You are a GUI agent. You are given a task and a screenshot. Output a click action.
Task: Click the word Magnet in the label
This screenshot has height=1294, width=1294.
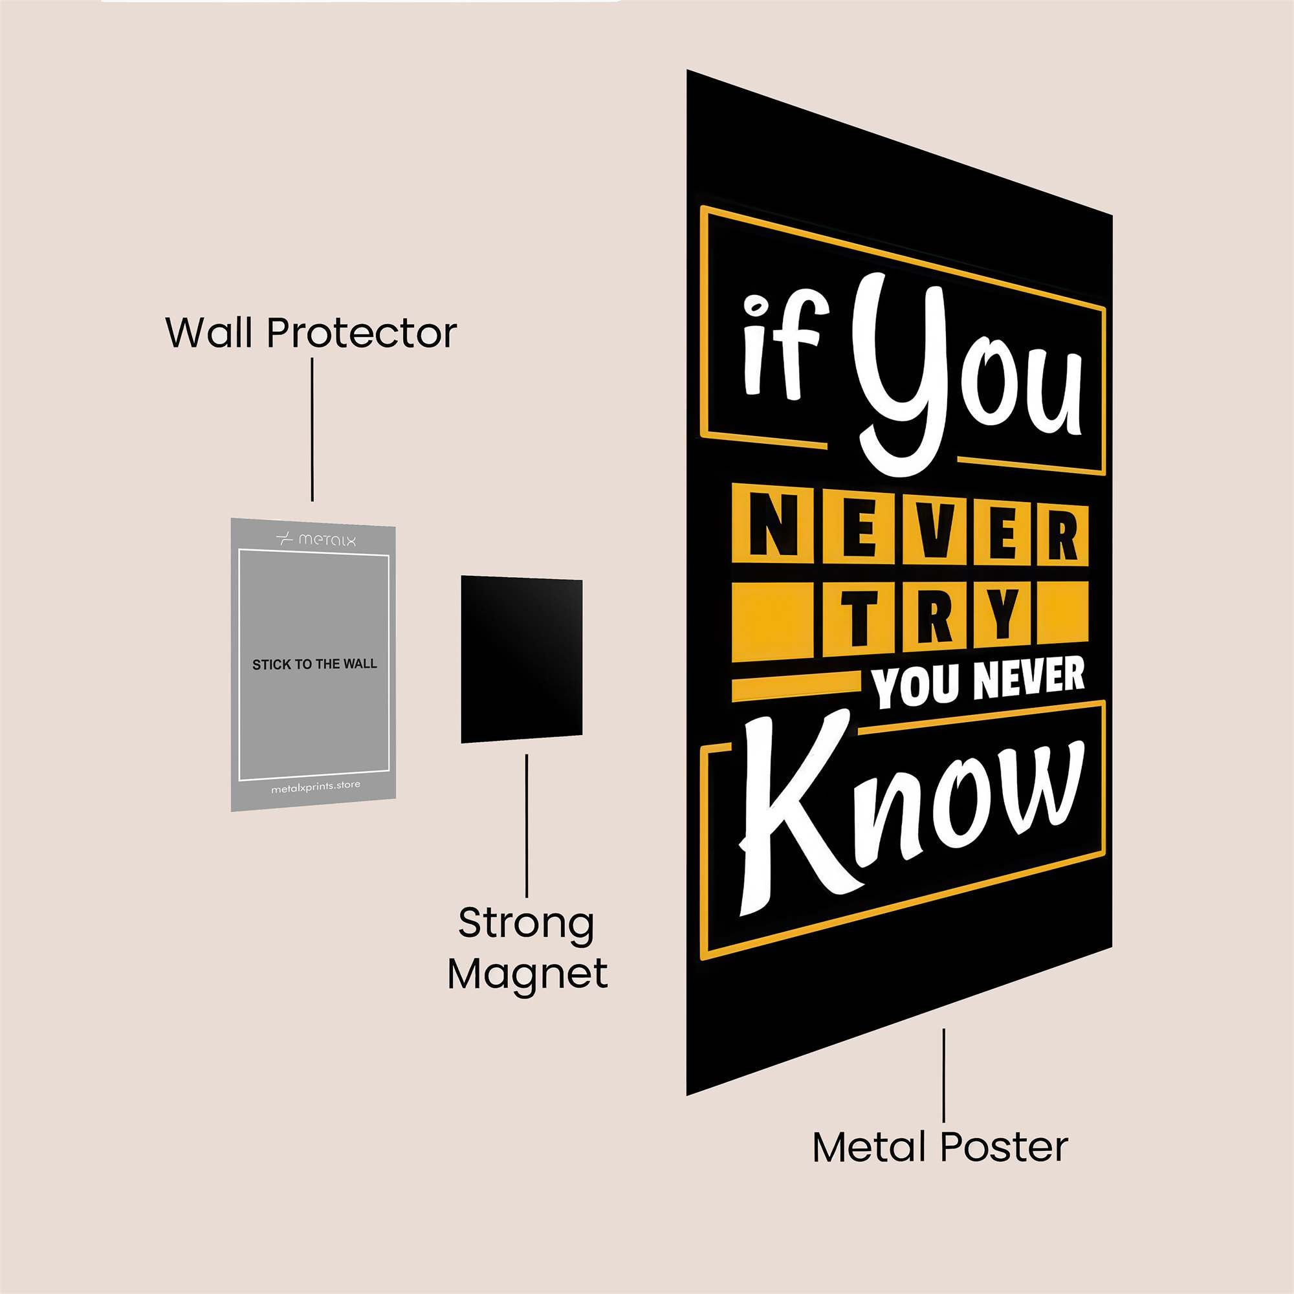(528, 975)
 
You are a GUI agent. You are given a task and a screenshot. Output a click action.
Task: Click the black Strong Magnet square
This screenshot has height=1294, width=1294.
(521, 660)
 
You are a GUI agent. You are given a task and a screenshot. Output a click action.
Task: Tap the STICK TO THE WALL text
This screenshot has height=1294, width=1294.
(314, 664)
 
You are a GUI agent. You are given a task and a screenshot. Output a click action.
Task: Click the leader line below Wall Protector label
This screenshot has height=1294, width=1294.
(312, 430)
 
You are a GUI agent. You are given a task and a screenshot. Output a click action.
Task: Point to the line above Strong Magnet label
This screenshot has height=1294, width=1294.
(527, 826)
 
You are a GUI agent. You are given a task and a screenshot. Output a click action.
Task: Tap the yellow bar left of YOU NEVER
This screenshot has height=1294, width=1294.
(796, 688)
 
